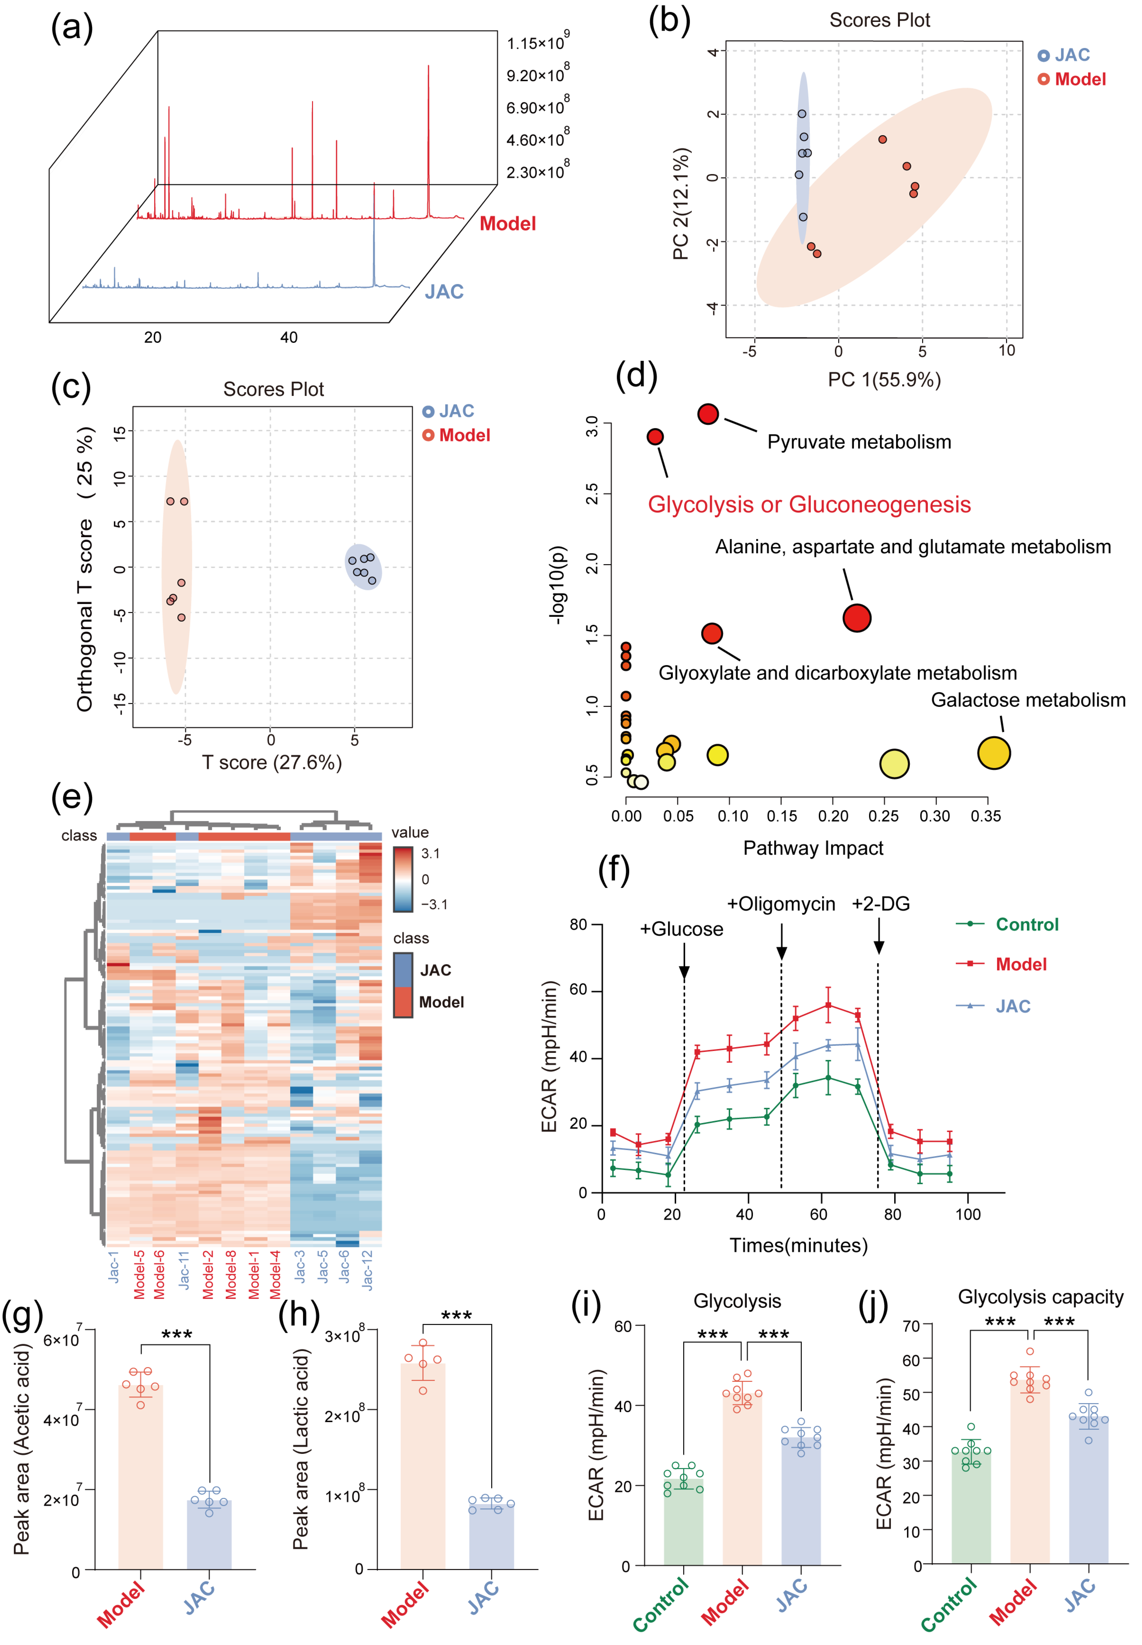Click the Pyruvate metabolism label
tap(859, 442)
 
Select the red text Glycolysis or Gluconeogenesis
tap(809, 504)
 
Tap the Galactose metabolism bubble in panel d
tap(993, 753)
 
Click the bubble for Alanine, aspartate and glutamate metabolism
tap(857, 618)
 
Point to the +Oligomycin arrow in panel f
tap(781, 941)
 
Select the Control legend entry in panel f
tap(1026, 925)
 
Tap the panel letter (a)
tap(72, 29)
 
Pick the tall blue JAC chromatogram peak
tap(374, 236)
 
